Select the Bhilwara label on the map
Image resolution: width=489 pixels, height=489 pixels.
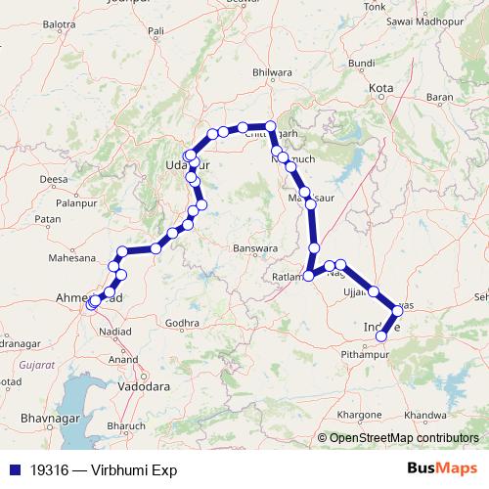tap(272, 71)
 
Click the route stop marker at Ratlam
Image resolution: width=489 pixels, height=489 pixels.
tap(309, 276)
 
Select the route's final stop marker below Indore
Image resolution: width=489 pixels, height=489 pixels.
tap(381, 337)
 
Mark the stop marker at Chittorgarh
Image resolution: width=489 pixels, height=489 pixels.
tap(271, 126)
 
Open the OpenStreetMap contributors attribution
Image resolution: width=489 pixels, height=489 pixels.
tap(403, 439)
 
